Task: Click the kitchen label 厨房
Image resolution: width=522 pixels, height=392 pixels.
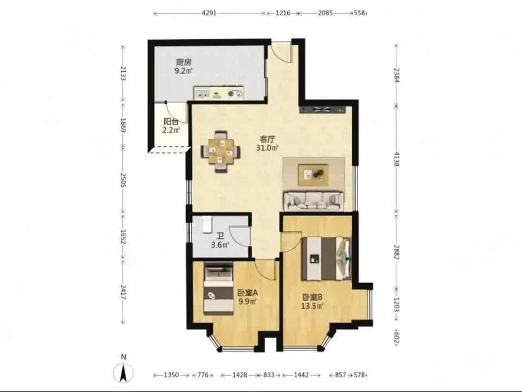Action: point(184,62)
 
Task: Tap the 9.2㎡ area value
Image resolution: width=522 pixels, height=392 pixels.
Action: point(184,71)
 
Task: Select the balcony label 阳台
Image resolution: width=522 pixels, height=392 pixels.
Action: point(171,121)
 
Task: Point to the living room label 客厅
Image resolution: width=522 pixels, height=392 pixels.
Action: point(268,139)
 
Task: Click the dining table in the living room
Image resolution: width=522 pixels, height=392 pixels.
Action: point(220,152)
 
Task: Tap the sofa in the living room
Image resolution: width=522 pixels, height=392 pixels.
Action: point(313,200)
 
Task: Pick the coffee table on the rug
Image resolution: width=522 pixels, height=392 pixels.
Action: point(313,175)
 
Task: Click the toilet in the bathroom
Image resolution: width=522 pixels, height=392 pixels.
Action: point(207,224)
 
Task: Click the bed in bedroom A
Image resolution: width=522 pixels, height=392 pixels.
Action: point(219,289)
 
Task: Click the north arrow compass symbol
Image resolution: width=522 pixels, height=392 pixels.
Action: point(123,371)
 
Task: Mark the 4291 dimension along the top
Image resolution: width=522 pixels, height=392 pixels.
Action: point(209,13)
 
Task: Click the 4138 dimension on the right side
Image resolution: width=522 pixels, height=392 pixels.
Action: point(396,159)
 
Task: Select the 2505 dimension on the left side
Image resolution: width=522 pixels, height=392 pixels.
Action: point(123,180)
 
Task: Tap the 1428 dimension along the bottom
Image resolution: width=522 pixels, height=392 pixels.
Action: point(240,375)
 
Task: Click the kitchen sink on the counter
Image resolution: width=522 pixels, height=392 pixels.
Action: point(202,94)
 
